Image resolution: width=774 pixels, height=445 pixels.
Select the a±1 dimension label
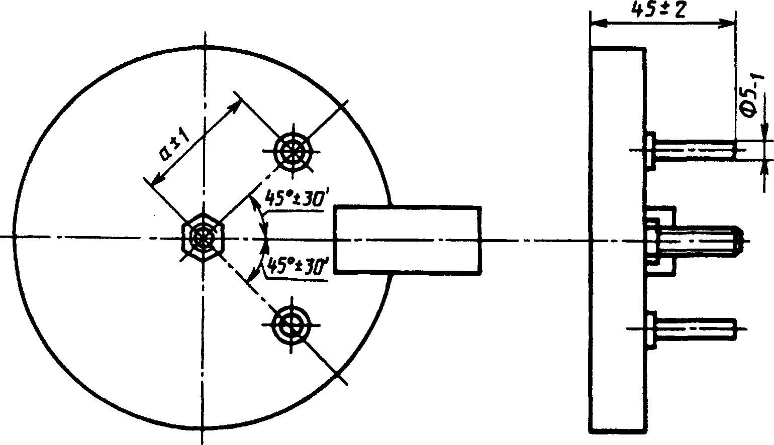coord(174,145)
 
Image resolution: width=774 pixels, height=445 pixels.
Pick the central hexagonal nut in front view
coord(203,237)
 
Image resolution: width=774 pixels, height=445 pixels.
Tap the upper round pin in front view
coord(293,151)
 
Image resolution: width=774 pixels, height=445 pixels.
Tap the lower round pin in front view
coord(292,325)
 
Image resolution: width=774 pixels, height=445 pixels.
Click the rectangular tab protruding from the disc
coord(407,240)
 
